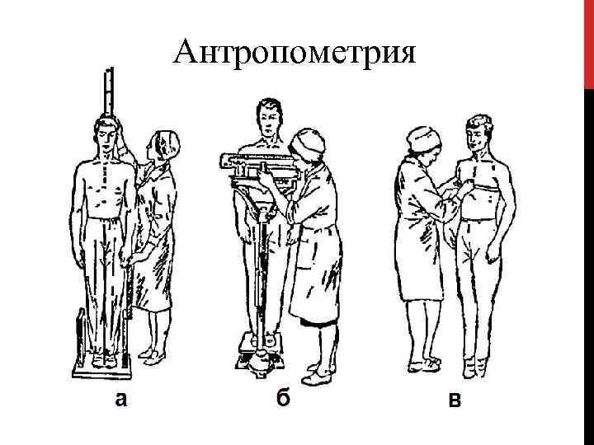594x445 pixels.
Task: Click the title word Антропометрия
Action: pyautogui.click(x=296, y=54)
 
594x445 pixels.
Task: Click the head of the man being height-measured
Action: pyautogui.click(x=107, y=132)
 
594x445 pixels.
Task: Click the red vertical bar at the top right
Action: pyautogui.click(x=588, y=41)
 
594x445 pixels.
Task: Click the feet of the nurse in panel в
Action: pyautogui.click(x=422, y=362)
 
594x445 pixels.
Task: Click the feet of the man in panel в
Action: pyautogui.click(x=470, y=367)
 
